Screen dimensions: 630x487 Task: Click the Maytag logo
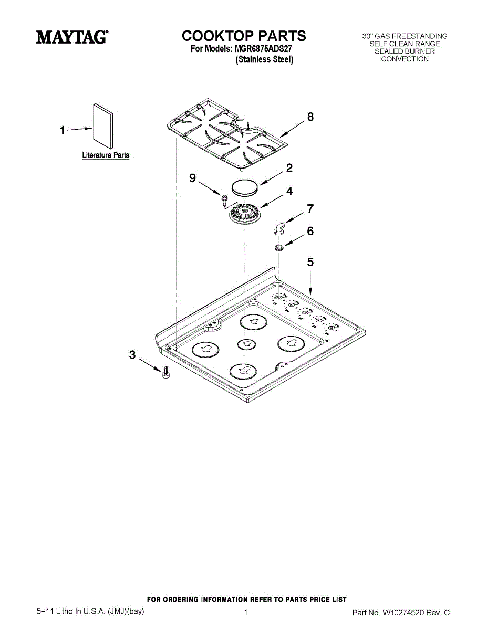click(x=72, y=37)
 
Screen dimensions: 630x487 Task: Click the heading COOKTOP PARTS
click(x=244, y=36)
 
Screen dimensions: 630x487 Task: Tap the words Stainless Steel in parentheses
click(x=264, y=60)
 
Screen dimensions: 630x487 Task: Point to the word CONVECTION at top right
click(x=405, y=59)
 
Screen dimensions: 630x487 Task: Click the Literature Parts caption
click(x=106, y=155)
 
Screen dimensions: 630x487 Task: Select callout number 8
click(x=310, y=117)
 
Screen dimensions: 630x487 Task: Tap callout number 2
click(x=289, y=168)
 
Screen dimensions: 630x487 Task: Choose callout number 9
click(x=192, y=178)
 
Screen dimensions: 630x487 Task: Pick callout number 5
click(x=310, y=261)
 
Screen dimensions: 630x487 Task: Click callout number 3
click(x=132, y=355)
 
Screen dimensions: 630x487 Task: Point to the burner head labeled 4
click(x=244, y=213)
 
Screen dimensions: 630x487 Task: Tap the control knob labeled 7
click(x=279, y=228)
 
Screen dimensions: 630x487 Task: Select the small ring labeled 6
click(x=279, y=247)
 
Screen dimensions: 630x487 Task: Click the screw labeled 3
click(x=165, y=372)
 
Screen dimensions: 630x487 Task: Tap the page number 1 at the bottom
click(x=245, y=612)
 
